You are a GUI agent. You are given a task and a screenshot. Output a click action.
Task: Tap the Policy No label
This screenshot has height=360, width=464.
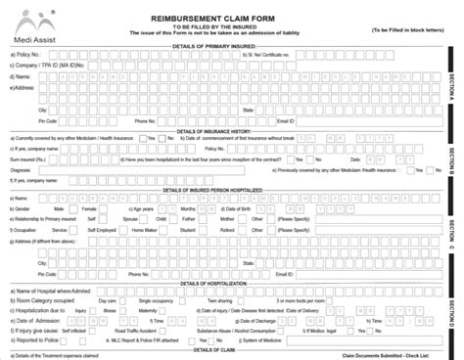tap(25, 55)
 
